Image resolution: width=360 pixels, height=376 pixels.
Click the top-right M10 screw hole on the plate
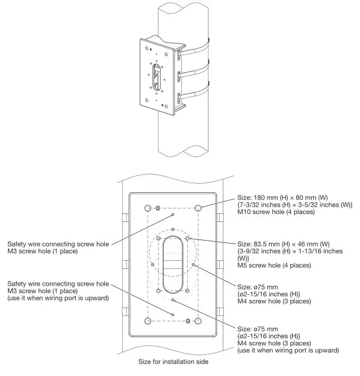click(x=198, y=207)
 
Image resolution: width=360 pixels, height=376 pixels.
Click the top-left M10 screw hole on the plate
click(x=148, y=207)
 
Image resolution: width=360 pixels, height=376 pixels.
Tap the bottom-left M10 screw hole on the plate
click(x=148, y=321)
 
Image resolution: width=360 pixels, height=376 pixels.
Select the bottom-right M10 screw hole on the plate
click(x=198, y=321)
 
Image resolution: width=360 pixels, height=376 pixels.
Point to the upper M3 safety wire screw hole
click(x=173, y=215)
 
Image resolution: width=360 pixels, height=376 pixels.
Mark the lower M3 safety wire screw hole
click(x=173, y=314)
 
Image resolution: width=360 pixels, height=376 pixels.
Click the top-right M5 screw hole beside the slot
click(x=188, y=240)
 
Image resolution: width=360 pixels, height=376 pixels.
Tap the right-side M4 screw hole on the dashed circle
click(x=194, y=264)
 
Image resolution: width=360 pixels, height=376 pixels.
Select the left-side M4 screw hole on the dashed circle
click(x=152, y=264)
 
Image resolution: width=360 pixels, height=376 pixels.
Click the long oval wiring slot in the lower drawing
click(x=173, y=264)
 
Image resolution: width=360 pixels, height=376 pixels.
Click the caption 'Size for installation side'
click(x=173, y=363)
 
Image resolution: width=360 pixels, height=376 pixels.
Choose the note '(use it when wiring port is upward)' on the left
click(x=58, y=298)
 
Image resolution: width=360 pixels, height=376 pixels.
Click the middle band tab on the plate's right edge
click(x=220, y=264)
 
